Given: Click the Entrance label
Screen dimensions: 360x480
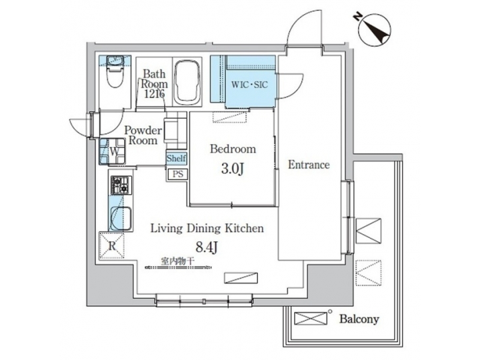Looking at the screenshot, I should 308,165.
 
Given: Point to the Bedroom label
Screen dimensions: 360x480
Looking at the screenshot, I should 232,149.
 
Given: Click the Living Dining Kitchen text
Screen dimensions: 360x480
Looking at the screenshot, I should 207,228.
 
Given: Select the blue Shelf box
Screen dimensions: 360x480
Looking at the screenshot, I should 176,158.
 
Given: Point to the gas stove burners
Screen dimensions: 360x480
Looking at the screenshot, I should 121,185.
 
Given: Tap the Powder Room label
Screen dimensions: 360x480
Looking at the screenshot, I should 143,135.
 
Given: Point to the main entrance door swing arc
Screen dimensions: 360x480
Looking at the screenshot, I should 299,30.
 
